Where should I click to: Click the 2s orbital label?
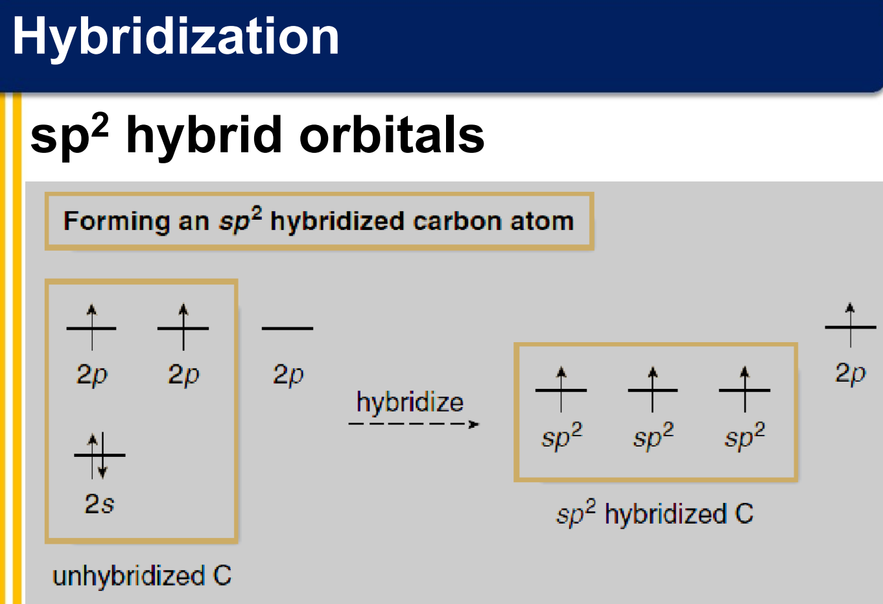pos(99,504)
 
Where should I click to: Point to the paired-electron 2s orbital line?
pos(100,455)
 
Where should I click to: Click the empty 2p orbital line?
pos(287,328)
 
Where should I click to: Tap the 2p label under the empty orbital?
pos(288,375)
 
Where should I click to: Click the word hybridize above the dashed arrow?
pos(410,402)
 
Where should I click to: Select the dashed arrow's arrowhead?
pos(474,424)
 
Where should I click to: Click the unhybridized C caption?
pos(142,577)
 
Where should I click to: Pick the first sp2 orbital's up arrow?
pos(561,389)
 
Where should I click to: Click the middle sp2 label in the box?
pos(653,436)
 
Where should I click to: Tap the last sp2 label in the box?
pos(745,436)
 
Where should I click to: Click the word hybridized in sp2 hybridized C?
pos(666,514)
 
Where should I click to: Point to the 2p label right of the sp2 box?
pos(851,373)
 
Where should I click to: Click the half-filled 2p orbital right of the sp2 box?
pos(851,327)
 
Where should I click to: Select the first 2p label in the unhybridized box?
pos(92,375)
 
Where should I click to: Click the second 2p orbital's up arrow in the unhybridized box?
pos(183,327)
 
